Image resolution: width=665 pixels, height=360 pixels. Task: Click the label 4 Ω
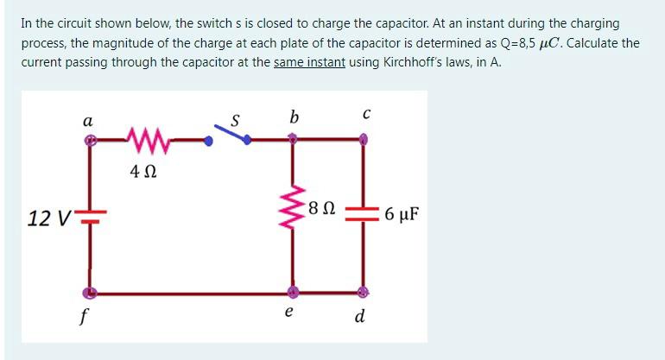(x=142, y=172)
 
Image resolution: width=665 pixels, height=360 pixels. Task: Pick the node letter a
(x=87, y=120)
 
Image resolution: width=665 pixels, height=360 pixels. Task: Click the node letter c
(x=366, y=115)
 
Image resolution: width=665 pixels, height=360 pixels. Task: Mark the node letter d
(x=360, y=317)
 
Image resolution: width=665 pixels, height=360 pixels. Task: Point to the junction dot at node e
(x=294, y=292)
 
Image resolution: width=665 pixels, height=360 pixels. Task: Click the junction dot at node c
(x=364, y=138)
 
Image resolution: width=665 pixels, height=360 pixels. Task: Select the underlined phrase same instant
(x=310, y=63)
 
